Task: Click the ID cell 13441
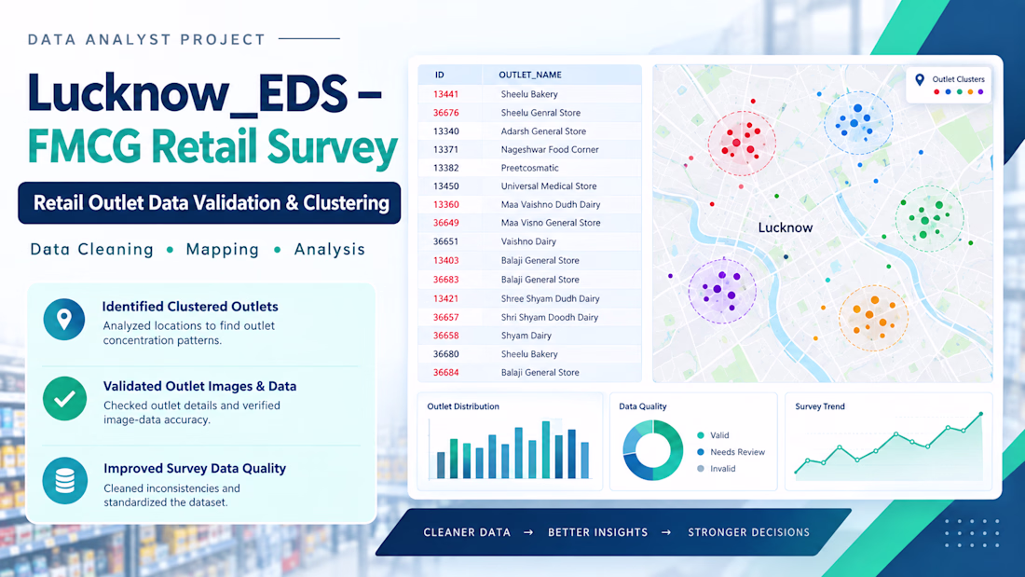[445, 94]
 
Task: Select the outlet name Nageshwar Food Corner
[550, 150]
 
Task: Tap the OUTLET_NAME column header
[530, 75]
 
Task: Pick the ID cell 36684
[445, 373]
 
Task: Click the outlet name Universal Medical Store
[549, 186]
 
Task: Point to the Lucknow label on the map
[786, 227]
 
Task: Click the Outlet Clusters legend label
[958, 79]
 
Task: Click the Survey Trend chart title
[820, 406]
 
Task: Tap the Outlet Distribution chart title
[463, 406]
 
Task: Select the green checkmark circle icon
[64, 398]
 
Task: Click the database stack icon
[64, 481]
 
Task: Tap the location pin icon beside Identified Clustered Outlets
[64, 319]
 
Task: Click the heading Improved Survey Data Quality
[195, 468]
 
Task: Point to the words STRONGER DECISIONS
[748, 532]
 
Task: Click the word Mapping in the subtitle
[223, 250]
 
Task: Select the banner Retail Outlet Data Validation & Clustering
[209, 203]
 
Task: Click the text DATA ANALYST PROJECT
[146, 40]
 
